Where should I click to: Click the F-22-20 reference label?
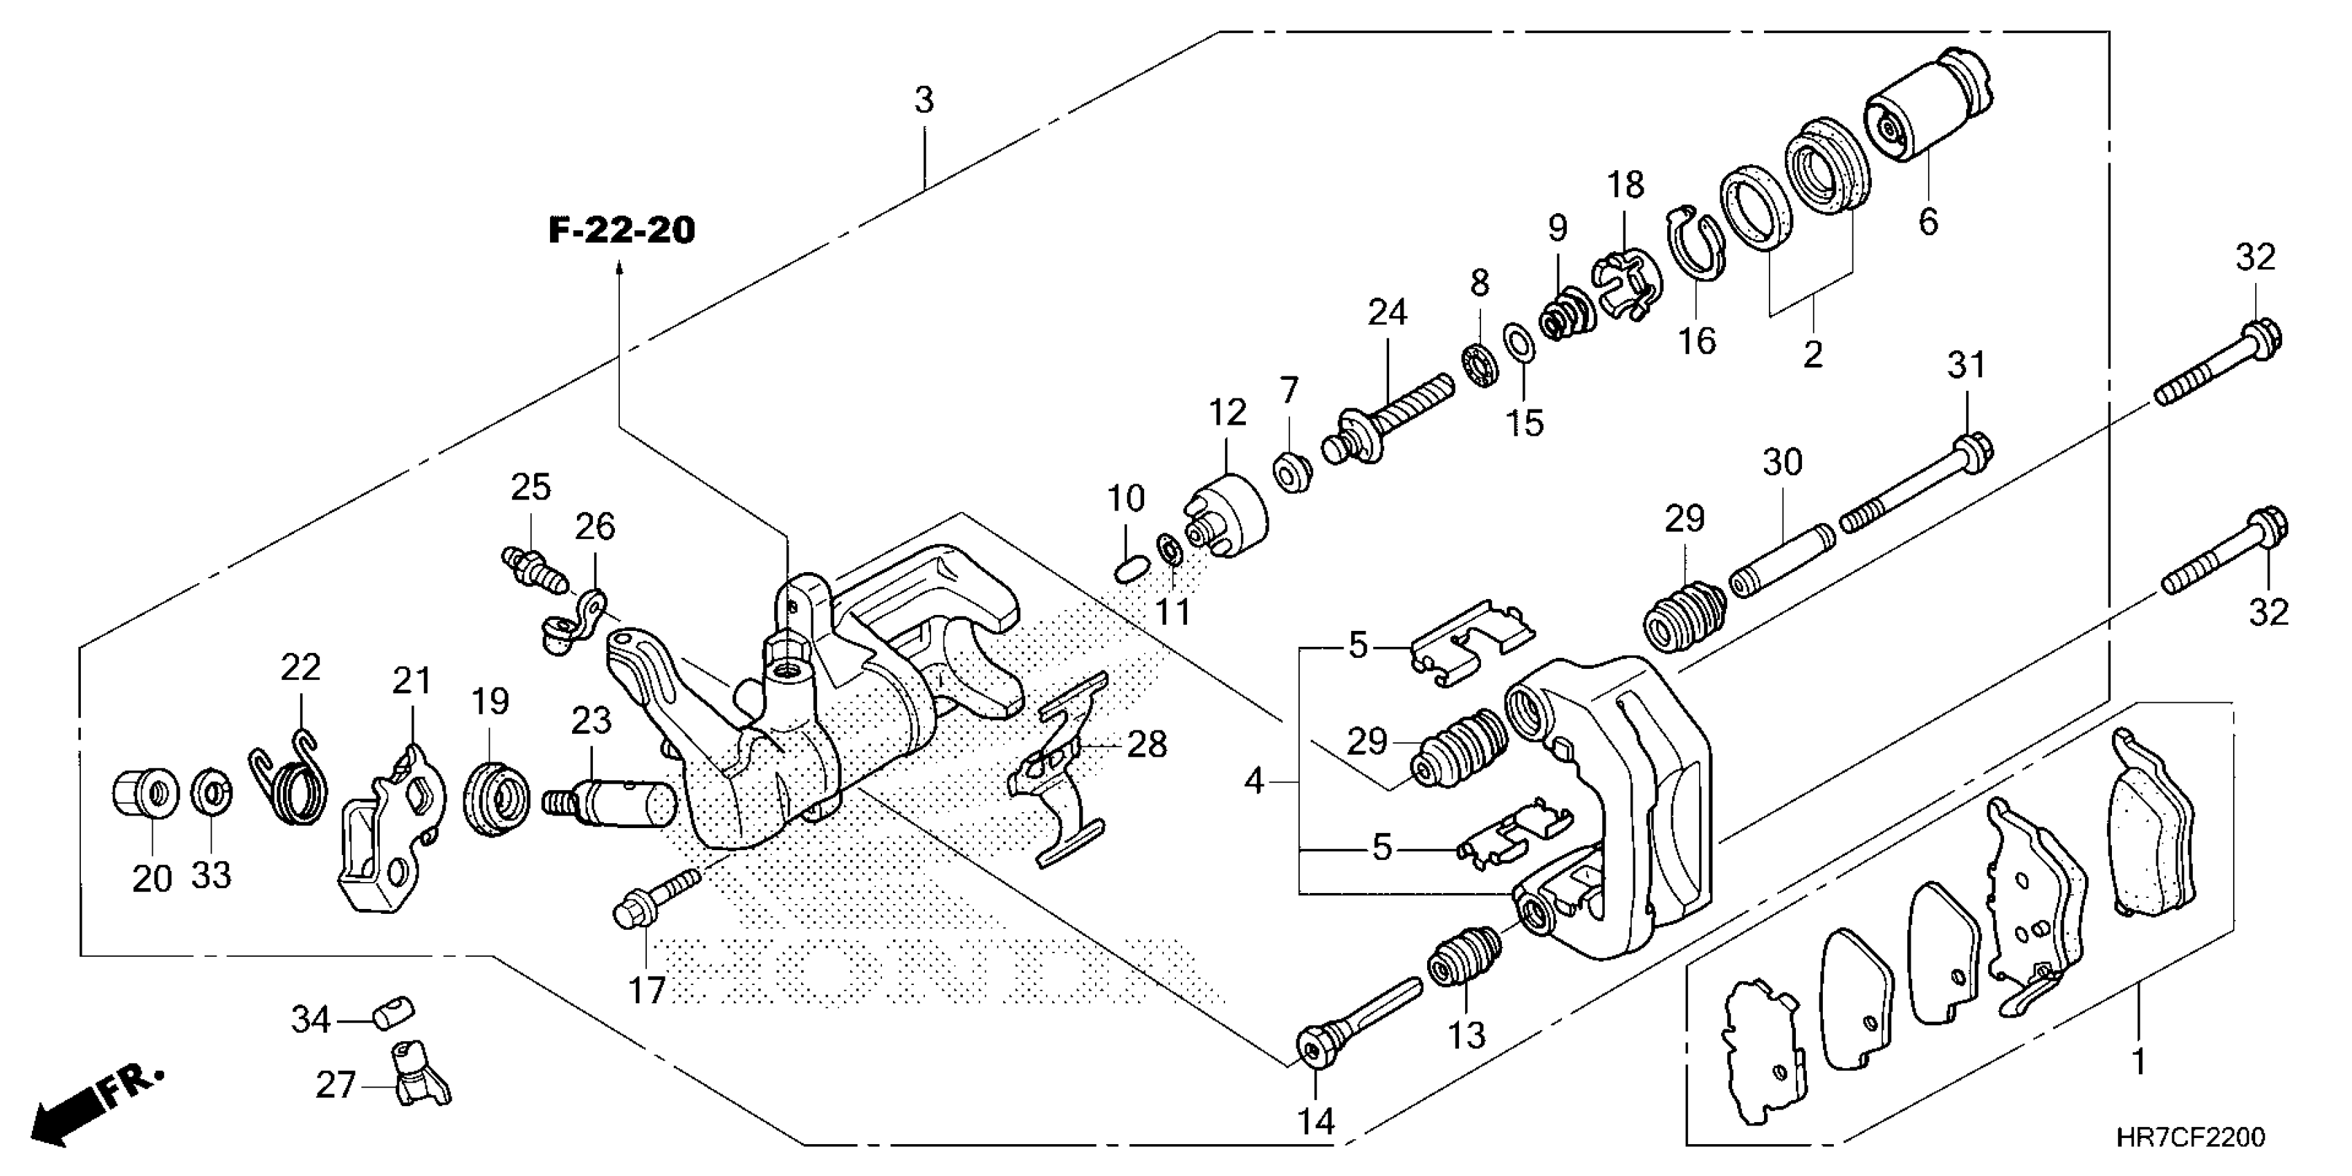click(622, 230)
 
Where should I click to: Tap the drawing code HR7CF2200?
click(2192, 1138)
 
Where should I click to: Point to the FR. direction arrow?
click(96, 1105)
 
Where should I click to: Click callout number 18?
click(1625, 185)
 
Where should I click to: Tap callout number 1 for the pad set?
click(2138, 1063)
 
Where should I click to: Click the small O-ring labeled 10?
click(1127, 570)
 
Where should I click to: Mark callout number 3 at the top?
click(924, 100)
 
